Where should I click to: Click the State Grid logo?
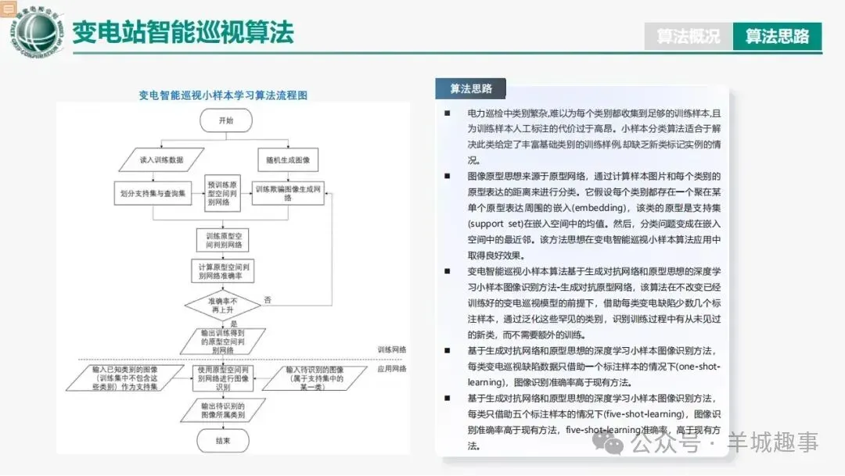coord(34,31)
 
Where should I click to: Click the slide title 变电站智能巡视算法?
coord(183,32)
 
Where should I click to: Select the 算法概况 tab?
coord(689,36)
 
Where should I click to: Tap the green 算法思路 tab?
coord(777,36)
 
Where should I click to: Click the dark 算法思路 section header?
coord(471,88)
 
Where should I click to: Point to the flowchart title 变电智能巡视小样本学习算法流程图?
coord(223,95)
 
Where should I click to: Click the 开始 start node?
coord(225,120)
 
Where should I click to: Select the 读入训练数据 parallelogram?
coord(162,160)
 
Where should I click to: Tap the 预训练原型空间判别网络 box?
coord(225,192)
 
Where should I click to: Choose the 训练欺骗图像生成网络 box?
coord(288,193)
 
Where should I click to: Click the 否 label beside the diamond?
coord(268,299)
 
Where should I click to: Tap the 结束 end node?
coord(224,441)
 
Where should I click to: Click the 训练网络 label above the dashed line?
coord(391,349)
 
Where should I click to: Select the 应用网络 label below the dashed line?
coord(391,368)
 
